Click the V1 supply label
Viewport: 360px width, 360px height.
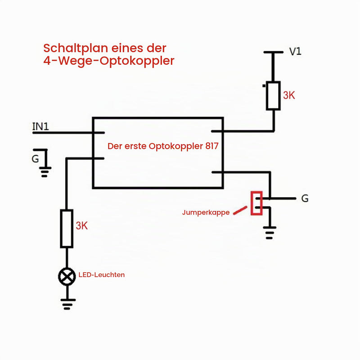(295, 51)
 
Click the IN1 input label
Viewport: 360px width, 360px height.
(40, 126)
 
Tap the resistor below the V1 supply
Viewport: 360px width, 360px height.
(273, 95)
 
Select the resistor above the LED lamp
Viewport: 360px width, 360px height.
(67, 229)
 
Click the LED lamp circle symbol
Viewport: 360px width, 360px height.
(67, 276)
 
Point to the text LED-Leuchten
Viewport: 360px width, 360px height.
(102, 274)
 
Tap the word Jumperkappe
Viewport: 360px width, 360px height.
(206, 212)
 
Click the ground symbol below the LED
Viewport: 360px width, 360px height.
(68, 304)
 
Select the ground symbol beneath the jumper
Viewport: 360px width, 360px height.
(270, 233)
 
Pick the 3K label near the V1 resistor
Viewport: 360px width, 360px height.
(289, 95)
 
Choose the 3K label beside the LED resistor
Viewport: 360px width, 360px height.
(82, 226)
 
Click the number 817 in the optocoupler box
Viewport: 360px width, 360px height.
(211, 146)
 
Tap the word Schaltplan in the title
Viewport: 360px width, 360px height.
(76, 49)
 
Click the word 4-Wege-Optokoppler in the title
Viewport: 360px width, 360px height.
(109, 61)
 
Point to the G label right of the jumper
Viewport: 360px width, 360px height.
(305, 198)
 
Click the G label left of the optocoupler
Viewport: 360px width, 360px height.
(35, 159)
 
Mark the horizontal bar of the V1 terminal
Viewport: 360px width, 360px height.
(274, 52)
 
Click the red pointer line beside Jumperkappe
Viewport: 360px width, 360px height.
(240, 210)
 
